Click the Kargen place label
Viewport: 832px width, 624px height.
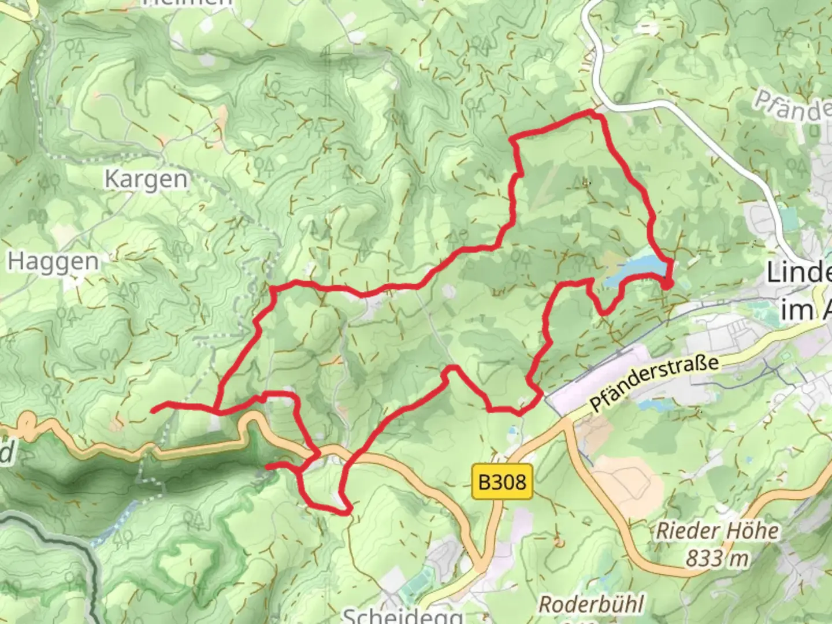[146, 180]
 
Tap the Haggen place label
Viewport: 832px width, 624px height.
[53, 262]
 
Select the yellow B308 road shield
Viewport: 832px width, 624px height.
[502, 481]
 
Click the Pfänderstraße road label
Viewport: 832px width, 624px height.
[655, 382]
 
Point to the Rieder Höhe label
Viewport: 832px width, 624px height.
[716, 530]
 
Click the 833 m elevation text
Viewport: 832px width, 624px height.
[716, 558]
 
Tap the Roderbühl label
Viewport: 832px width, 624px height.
[591, 605]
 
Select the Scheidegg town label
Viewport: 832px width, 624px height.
[403, 615]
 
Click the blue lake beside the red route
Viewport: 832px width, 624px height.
[636, 268]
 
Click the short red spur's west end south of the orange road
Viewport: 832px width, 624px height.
[268, 466]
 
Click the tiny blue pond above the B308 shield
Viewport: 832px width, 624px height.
[512, 430]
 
